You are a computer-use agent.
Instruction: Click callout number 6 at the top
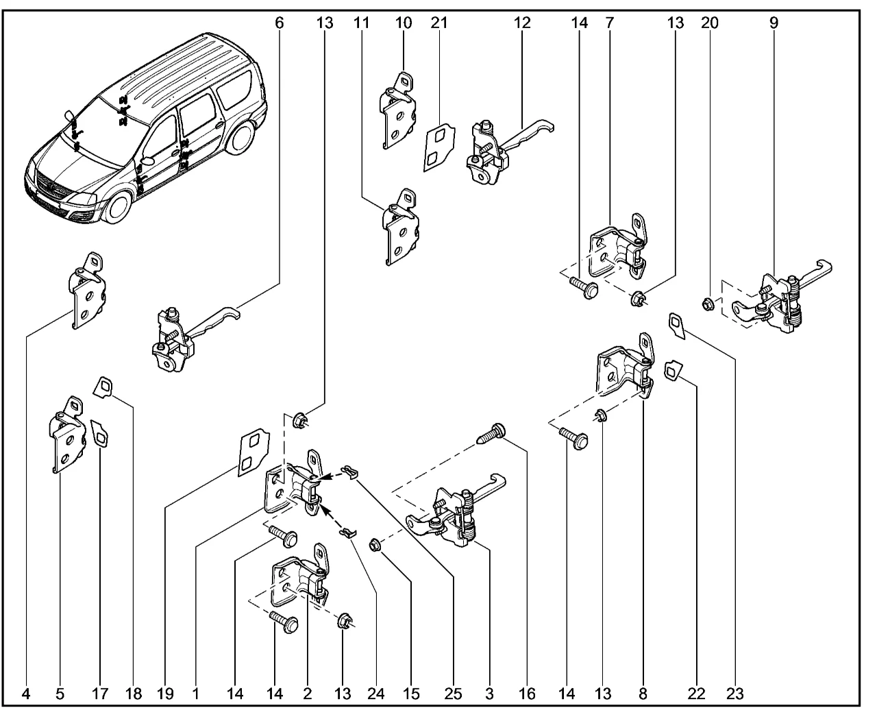(x=279, y=23)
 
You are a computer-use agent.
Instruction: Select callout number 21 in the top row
(x=439, y=23)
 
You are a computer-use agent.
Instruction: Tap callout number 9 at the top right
(x=774, y=23)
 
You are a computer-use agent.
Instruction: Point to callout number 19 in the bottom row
(x=164, y=695)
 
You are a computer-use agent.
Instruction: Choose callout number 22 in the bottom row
(x=700, y=695)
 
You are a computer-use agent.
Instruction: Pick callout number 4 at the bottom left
(x=27, y=695)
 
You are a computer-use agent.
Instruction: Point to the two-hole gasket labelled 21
(x=436, y=147)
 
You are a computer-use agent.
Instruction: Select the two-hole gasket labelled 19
(x=250, y=452)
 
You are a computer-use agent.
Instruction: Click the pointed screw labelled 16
(x=492, y=434)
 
